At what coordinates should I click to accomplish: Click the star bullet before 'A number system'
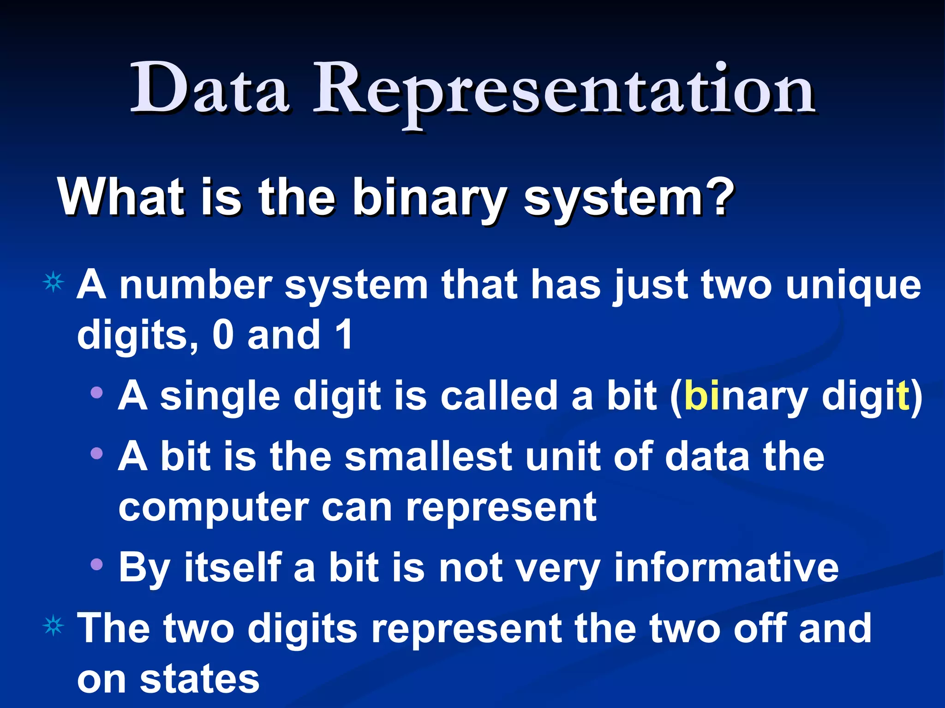point(54,282)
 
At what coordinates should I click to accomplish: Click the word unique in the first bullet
point(853,286)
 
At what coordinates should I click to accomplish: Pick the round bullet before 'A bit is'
point(96,454)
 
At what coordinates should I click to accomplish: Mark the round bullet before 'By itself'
point(96,564)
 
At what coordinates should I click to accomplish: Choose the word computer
point(213,507)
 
